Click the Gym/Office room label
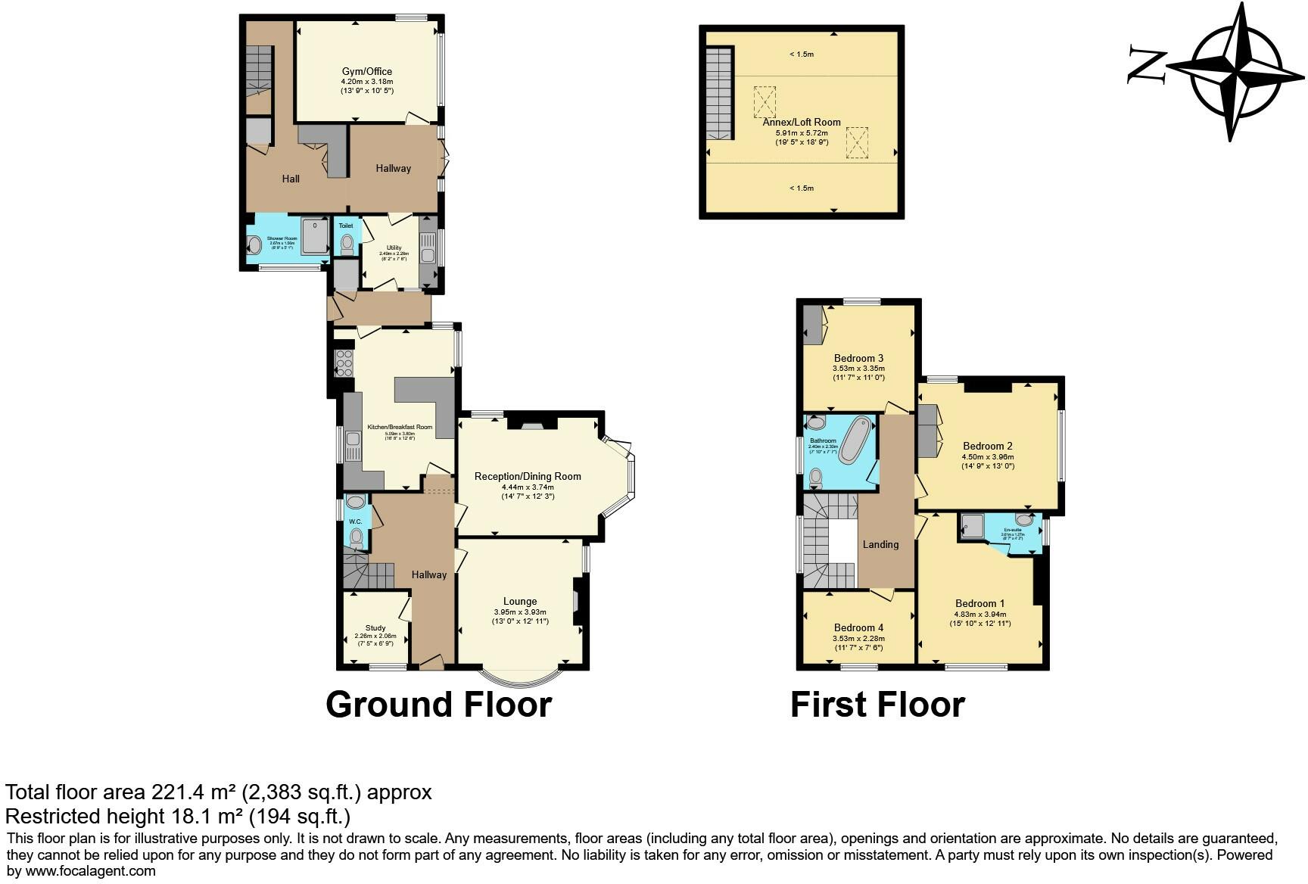coord(366,71)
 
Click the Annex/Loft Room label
coord(801,122)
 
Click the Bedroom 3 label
coord(858,358)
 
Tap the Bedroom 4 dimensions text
coord(858,643)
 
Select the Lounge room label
coord(520,601)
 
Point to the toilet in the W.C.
coord(356,538)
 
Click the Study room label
coord(375,627)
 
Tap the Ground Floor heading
coord(438,704)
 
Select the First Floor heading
coord(877,704)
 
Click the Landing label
coord(880,544)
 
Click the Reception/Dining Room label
coord(528,476)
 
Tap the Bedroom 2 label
coord(987,446)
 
